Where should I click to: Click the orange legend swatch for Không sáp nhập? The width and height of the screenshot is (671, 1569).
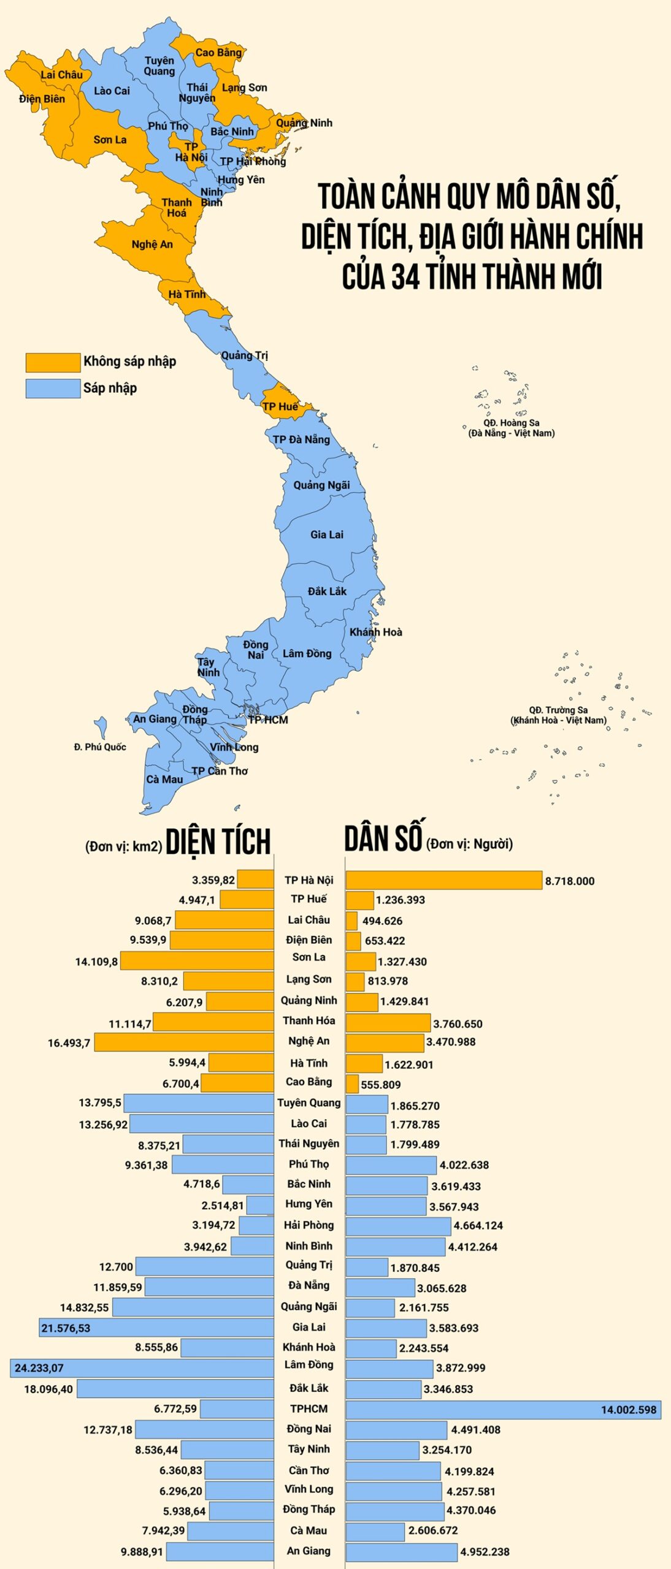53,362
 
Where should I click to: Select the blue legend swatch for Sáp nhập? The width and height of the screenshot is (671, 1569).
53,389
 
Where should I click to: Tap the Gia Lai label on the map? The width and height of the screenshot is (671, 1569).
326,534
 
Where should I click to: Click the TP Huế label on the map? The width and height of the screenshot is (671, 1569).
280,406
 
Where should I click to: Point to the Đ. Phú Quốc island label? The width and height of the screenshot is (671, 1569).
100,747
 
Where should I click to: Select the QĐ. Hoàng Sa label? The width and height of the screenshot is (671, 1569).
511,423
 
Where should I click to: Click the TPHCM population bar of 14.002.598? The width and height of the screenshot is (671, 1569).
503,1410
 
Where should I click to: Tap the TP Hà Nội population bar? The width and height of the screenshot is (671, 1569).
443,880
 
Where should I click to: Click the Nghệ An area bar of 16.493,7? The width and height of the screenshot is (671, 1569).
184,1043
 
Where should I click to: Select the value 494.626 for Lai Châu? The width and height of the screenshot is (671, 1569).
382,921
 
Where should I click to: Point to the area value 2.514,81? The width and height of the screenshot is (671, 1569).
223,1206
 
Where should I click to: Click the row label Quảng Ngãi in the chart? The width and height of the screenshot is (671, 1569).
309,1306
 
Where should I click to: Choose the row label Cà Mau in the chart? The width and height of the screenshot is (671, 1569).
309,1530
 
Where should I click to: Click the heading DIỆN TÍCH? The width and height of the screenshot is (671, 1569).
218,842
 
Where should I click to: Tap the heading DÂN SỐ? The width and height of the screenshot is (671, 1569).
383,838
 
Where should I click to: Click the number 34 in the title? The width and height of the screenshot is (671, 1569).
405,276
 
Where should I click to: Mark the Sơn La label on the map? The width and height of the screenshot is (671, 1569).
110,140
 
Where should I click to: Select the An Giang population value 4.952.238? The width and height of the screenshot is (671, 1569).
485,1552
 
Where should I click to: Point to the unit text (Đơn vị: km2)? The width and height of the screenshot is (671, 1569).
123,846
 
